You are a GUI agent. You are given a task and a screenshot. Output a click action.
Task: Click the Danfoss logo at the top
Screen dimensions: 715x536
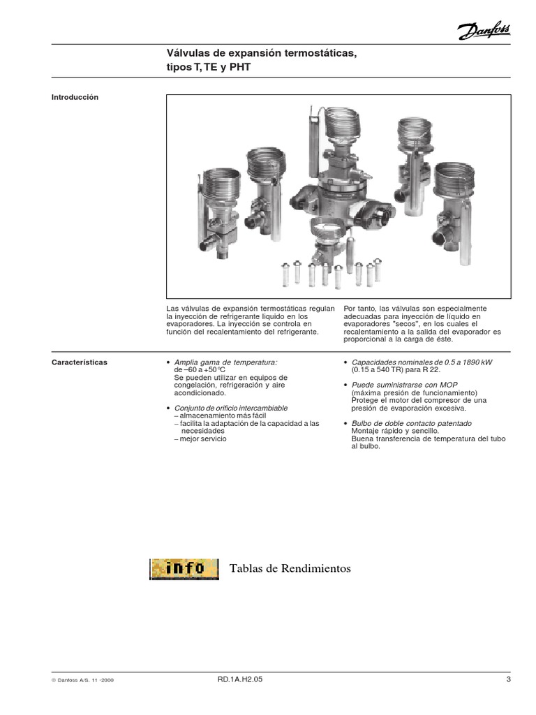pyautogui.click(x=484, y=30)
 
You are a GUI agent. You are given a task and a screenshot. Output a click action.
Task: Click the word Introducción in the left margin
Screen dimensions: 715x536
pyautogui.click(x=75, y=98)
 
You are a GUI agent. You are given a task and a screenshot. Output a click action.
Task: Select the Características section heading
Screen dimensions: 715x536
pyautogui.click(x=80, y=363)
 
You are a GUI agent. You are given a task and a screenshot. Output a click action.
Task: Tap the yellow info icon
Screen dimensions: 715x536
pyautogui.click(x=179, y=568)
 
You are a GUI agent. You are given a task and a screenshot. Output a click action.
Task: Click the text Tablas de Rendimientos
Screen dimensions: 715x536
pyautogui.click(x=290, y=569)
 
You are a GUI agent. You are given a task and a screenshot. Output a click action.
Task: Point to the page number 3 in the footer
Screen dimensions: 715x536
pyautogui.click(x=509, y=679)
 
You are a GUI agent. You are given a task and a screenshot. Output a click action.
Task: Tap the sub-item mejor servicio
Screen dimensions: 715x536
pyautogui.click(x=202, y=438)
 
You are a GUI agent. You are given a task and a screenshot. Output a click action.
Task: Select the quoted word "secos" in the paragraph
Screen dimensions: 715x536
pyautogui.click(x=400, y=325)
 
